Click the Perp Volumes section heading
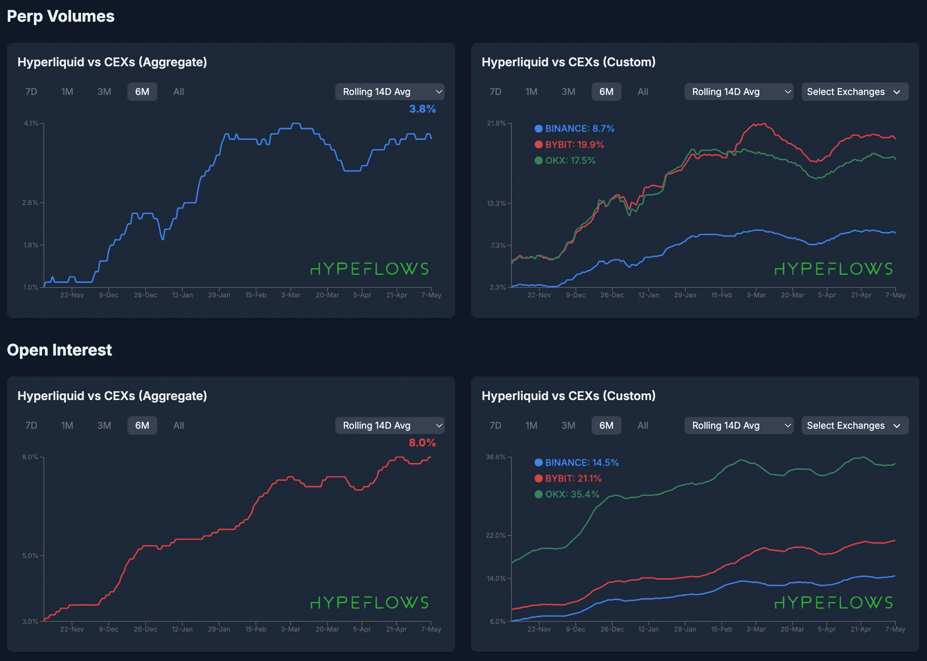pos(61,16)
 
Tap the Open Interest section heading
pos(59,350)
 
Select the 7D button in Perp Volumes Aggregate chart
pos(31,92)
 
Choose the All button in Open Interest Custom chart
pos(643,425)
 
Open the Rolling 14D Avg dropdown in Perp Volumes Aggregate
pos(389,92)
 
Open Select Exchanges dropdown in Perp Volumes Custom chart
pos(854,92)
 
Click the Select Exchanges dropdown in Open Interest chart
pos(854,425)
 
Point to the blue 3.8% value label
pos(422,109)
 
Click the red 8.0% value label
pos(422,443)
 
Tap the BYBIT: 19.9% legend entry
pos(574,145)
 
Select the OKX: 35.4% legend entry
pos(572,494)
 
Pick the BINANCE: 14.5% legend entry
pos(581,463)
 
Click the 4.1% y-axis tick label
pos(31,123)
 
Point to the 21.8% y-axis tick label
pos(496,123)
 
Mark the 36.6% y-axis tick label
pos(495,457)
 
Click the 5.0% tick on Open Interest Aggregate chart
pos(30,556)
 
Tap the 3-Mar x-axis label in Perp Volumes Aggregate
pos(291,295)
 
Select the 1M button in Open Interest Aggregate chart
pos(67,425)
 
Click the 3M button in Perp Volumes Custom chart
pos(568,92)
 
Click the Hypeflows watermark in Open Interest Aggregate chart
pos(369,603)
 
